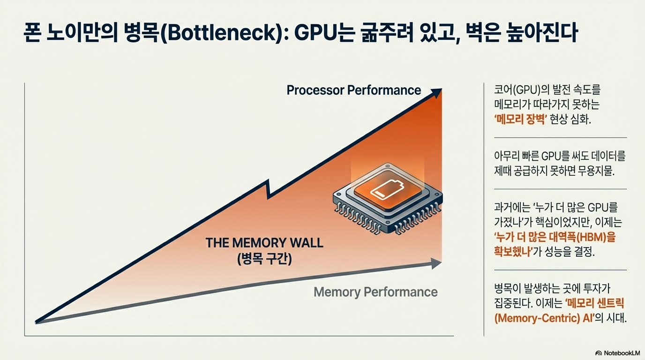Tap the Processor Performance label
(353, 90)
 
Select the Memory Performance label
(375, 292)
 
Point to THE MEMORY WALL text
(264, 243)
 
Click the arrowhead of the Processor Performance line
(437, 92)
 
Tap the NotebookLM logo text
(622, 352)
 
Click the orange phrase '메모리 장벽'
(521, 119)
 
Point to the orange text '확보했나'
(513, 252)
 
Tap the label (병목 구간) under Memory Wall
(264, 259)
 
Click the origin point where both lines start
(37, 322)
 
